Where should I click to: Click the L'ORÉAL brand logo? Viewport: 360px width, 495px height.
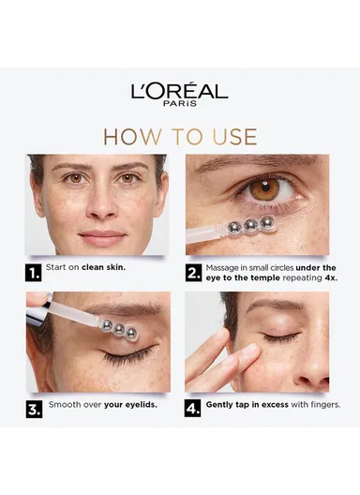pyautogui.click(x=179, y=91)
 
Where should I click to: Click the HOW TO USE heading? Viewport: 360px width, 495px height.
pyautogui.click(x=179, y=137)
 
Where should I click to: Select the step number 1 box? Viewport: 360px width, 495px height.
pyautogui.click(x=33, y=274)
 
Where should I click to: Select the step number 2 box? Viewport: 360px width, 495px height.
pyautogui.click(x=194, y=274)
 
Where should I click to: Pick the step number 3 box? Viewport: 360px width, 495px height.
pyautogui.click(x=33, y=408)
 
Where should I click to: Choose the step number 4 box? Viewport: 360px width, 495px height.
pyautogui.click(x=194, y=408)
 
